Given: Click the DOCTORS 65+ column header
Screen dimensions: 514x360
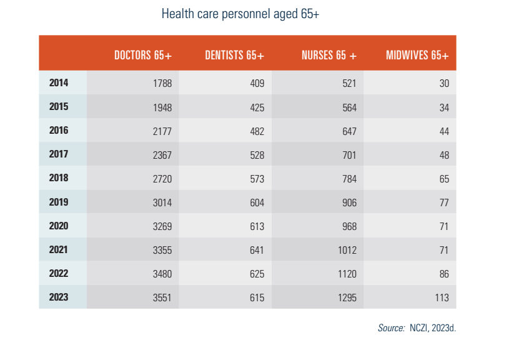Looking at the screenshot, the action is [143, 55].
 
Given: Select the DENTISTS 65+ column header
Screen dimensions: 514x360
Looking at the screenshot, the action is [234, 55].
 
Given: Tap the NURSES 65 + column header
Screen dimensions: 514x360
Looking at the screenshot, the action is [329, 55].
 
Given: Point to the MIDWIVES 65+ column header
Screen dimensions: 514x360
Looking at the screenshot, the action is [417, 55].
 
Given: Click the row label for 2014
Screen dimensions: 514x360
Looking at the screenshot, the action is [59, 82].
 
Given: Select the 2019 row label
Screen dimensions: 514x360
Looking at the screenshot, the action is [59, 202].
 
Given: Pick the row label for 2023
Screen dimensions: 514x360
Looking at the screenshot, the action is [59, 297].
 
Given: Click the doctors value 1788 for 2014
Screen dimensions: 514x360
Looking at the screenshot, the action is [162, 83].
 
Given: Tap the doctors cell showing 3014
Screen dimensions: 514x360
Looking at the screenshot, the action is [162, 202].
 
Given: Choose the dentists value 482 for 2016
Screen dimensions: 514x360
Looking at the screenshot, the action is [257, 131].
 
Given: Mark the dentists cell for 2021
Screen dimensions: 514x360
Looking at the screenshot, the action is [257, 250].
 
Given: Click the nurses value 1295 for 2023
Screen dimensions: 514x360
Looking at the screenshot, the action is [347, 297].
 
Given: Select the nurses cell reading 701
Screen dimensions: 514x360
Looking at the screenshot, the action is [350, 155].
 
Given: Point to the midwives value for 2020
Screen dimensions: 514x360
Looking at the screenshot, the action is [444, 226].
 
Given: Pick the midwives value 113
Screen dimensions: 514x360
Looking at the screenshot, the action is [442, 297].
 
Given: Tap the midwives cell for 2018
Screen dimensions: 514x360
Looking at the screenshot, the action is [444, 179].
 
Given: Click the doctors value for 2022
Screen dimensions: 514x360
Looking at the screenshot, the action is [162, 274].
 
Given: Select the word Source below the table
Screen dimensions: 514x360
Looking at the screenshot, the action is [392, 328].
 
